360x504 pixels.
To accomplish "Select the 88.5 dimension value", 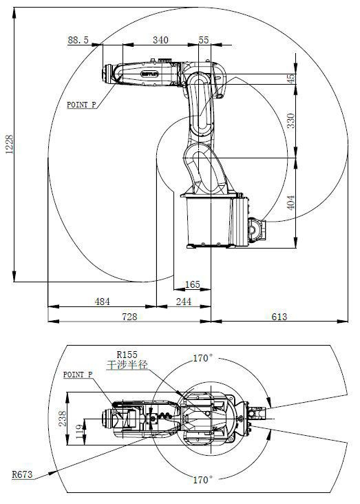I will point(78,41).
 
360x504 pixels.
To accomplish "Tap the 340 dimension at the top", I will point(160,41).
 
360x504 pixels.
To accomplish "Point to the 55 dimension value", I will point(204,41).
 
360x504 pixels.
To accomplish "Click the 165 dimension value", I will point(192,284).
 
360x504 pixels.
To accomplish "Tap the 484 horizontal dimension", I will point(102,302).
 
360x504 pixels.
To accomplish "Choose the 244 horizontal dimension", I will point(184,302).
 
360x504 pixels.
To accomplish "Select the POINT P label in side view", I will point(81,105).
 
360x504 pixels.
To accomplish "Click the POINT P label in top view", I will point(78,375).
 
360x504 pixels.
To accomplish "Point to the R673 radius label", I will point(23,474).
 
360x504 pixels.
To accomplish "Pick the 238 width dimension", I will point(61,419).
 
